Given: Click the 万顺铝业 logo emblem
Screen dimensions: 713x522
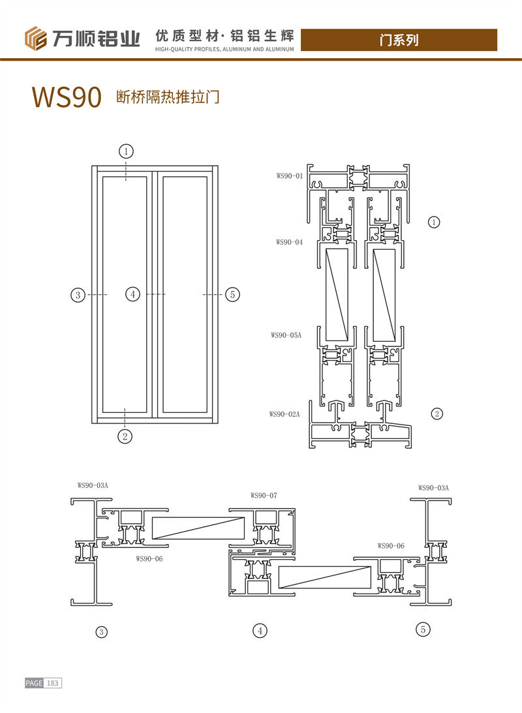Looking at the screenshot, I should [37, 38].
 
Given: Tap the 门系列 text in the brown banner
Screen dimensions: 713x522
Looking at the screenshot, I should [399, 40].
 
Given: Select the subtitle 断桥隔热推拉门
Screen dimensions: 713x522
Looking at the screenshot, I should [166, 98].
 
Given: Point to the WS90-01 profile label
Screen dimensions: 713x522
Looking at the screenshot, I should [290, 175].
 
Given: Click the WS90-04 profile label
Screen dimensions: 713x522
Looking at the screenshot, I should [289, 242].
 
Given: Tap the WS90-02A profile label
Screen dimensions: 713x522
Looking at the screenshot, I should [284, 414].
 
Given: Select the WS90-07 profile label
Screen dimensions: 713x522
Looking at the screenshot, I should [264, 495].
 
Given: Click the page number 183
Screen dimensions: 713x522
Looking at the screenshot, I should [53, 683].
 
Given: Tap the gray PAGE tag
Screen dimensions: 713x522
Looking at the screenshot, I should [34, 683].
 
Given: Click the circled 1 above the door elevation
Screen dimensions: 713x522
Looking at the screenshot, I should [126, 151].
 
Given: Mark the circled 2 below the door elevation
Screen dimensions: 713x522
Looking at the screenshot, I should [126, 436].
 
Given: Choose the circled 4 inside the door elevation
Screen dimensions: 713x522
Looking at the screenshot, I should [132, 295].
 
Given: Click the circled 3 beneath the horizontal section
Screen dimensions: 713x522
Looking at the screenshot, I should [101, 631].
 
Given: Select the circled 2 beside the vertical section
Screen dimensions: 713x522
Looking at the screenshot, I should [437, 413].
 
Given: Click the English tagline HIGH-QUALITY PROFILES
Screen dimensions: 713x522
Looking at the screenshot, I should [225, 49].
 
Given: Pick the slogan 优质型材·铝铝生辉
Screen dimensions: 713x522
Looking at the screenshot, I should [225, 34].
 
